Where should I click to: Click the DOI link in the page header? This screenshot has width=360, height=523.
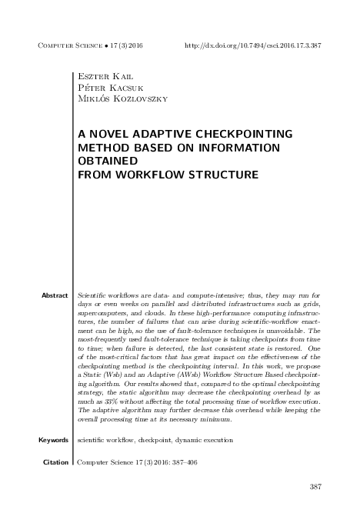[x=253, y=45]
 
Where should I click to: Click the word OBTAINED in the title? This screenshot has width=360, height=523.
[x=108, y=162]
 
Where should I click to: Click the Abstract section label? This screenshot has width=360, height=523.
[x=55, y=295]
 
